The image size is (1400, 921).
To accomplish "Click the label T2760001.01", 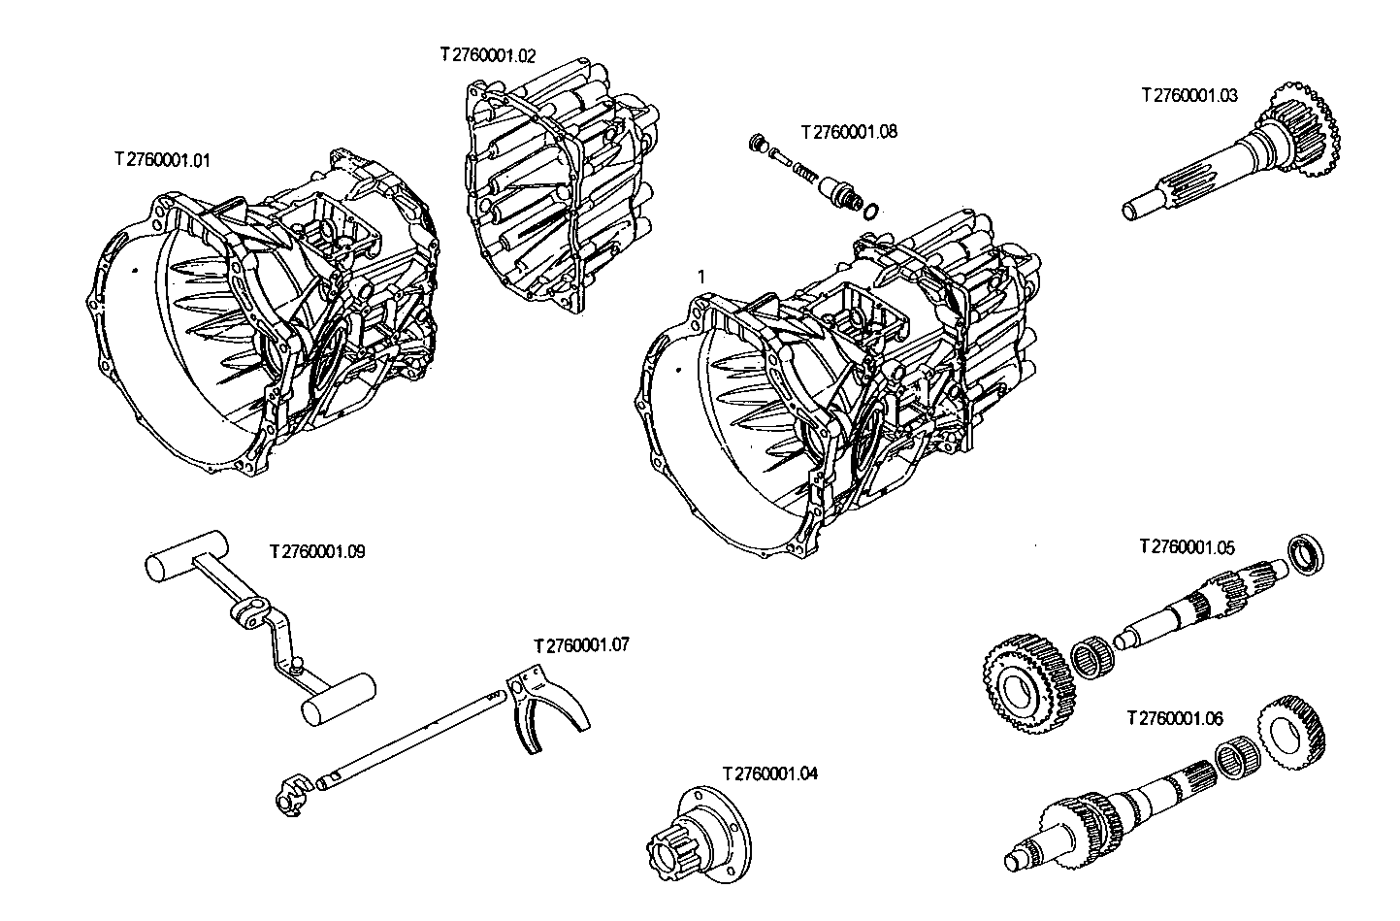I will (x=162, y=159).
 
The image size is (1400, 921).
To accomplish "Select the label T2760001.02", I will (x=487, y=55).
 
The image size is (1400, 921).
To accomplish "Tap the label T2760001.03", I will (x=1189, y=95).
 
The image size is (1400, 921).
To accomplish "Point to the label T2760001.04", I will (x=769, y=773).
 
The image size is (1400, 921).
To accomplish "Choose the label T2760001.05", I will (x=1187, y=547).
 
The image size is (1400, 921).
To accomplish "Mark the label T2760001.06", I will (x=1174, y=719).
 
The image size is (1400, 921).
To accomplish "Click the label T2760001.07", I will (x=581, y=644).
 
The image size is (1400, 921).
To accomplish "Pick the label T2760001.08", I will (x=849, y=131).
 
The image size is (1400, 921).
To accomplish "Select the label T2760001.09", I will (x=317, y=551).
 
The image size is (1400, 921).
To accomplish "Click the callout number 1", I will (x=701, y=277).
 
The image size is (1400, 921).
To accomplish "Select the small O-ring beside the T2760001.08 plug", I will (x=871, y=211).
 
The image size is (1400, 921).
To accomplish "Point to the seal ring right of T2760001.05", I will (x=1305, y=554).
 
